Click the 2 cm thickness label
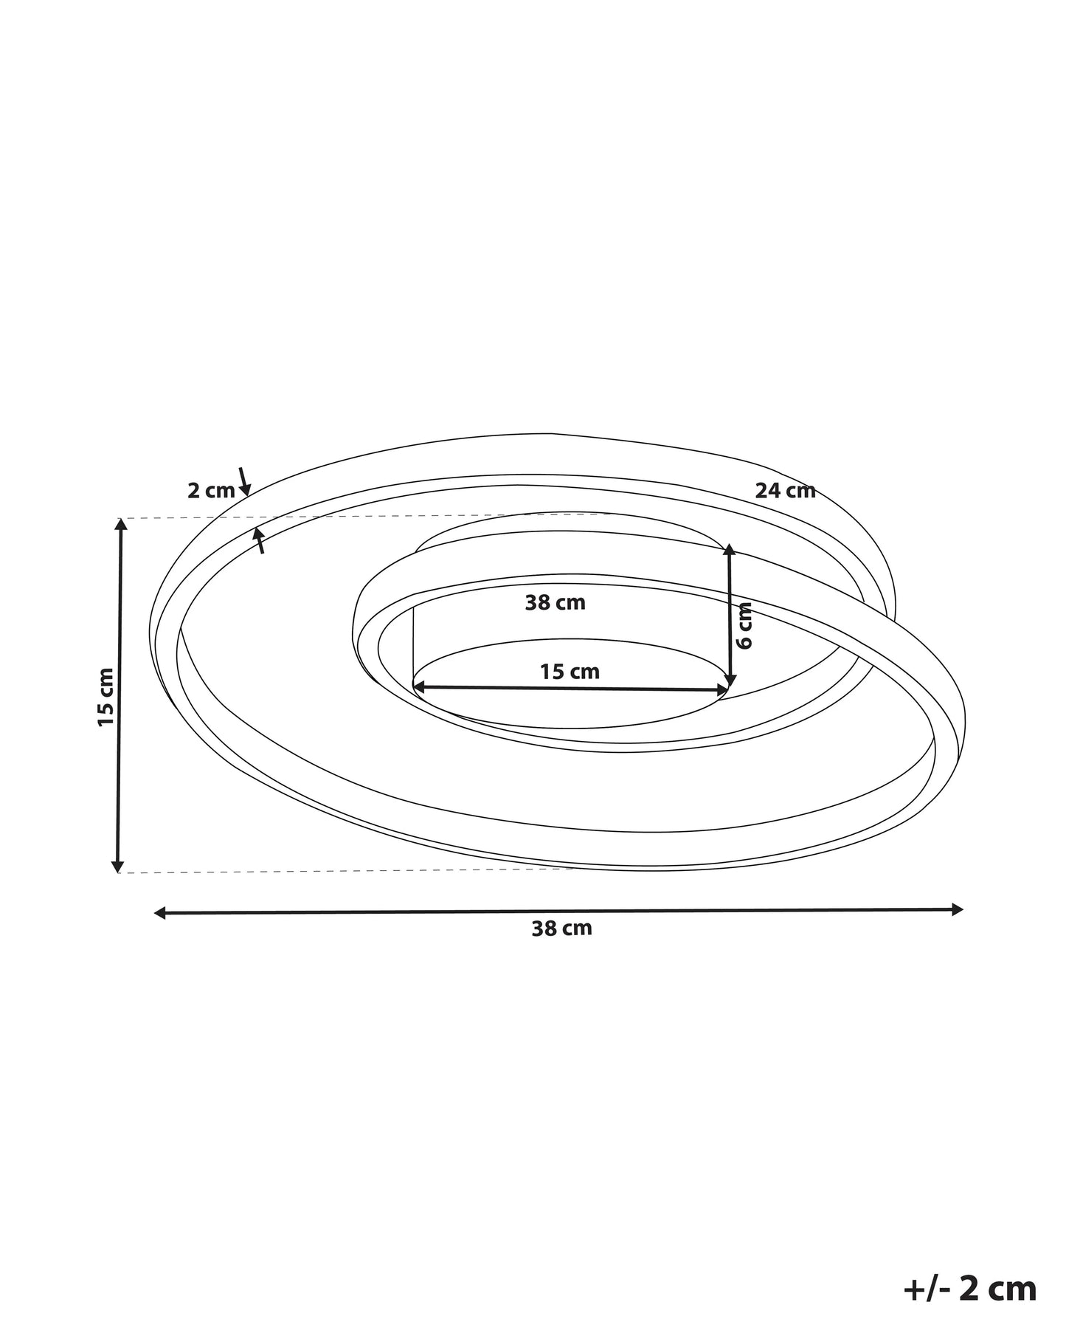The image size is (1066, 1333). pyautogui.click(x=210, y=491)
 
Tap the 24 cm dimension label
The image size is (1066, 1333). pyautogui.click(x=785, y=491)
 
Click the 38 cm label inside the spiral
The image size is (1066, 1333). pyautogui.click(x=555, y=603)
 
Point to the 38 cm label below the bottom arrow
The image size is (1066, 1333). pyautogui.click(x=561, y=929)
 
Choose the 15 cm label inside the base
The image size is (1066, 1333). pyautogui.click(x=570, y=672)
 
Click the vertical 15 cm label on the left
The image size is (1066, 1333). pyautogui.click(x=106, y=697)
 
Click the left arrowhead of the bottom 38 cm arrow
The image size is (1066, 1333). pyautogui.click(x=159, y=914)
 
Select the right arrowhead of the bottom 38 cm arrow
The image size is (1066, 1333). pyautogui.click(x=958, y=909)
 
